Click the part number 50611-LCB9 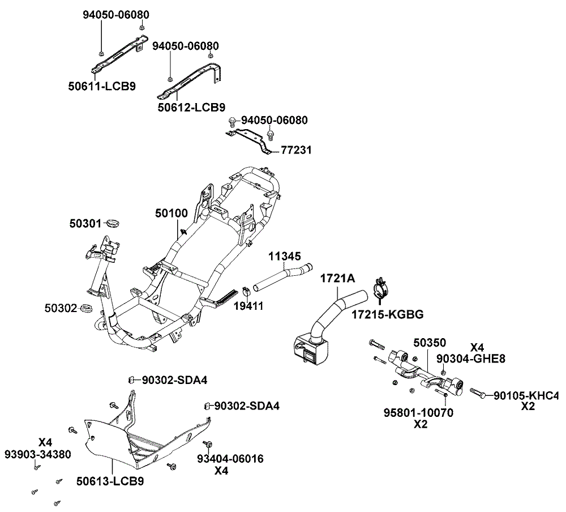(102, 87)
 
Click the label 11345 (284, 257)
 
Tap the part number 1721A (338, 279)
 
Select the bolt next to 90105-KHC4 (476, 393)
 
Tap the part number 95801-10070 (418, 413)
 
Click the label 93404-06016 (230, 459)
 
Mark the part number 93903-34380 (38, 454)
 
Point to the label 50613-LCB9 (110, 481)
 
